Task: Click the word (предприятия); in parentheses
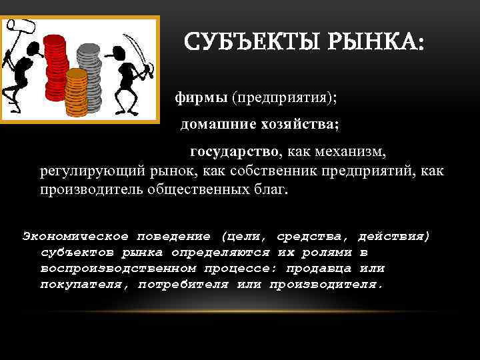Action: (284, 98)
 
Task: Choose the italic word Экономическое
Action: (75, 237)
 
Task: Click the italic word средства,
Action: (315, 237)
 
